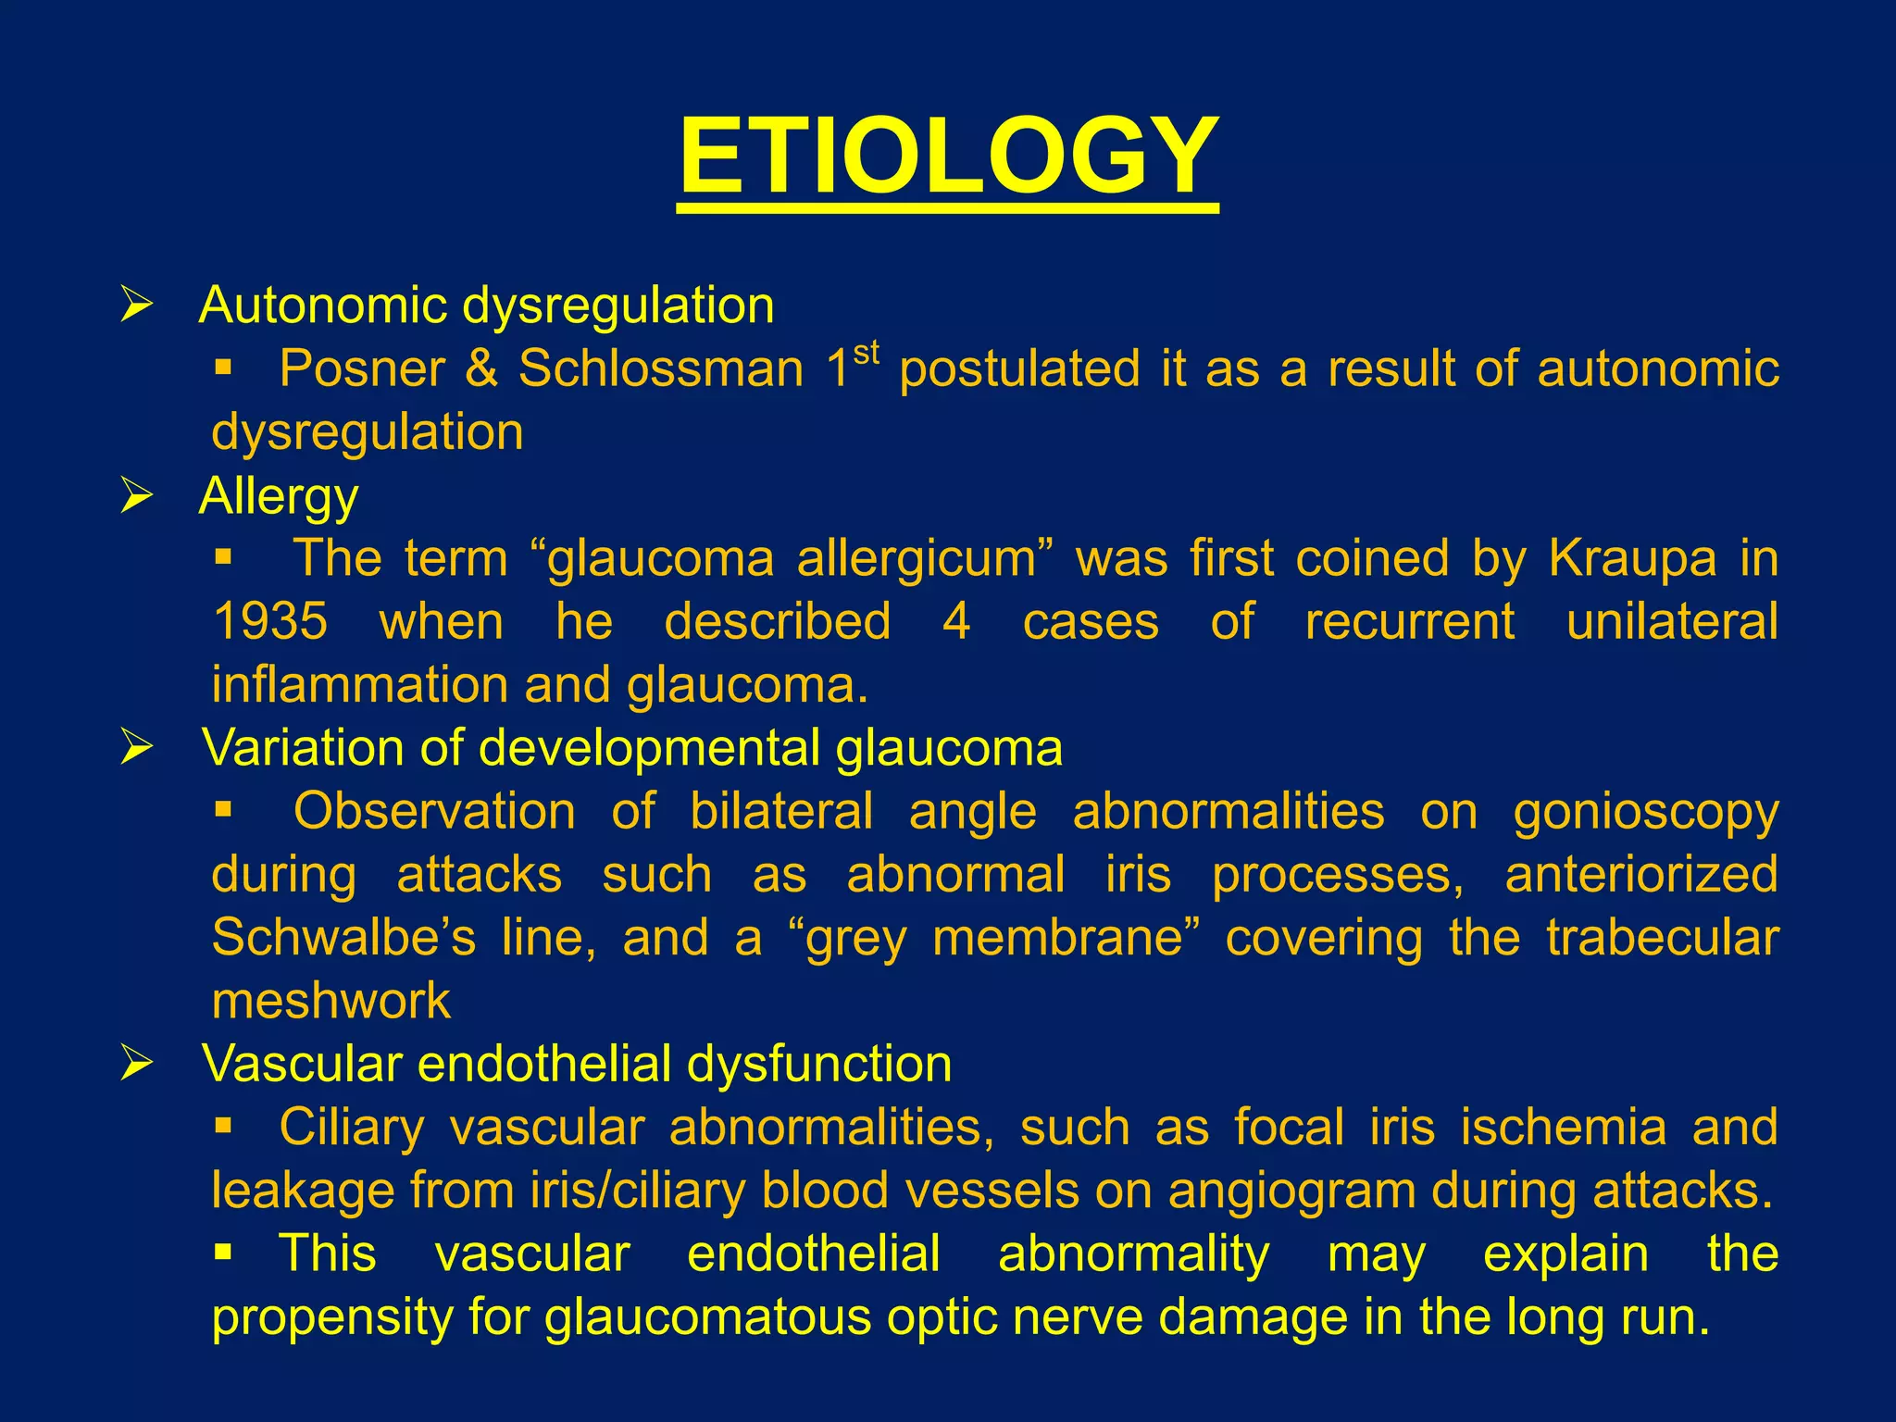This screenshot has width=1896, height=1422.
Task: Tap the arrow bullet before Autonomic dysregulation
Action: coord(136,305)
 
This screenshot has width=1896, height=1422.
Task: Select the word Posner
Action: coord(362,368)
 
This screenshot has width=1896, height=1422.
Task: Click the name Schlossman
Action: coord(661,368)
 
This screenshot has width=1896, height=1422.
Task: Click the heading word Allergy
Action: coord(278,496)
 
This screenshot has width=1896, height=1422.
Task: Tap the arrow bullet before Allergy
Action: coord(136,496)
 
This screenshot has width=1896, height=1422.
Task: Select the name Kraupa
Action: coord(1632,558)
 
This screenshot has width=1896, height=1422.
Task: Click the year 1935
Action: coord(269,621)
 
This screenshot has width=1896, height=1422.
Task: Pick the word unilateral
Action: coord(1672,621)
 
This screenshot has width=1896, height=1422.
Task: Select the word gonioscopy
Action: coord(1645,812)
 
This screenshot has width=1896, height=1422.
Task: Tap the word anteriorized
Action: coord(1640,875)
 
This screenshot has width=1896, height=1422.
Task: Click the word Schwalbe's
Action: coord(343,938)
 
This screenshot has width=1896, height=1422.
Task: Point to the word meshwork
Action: coord(331,1001)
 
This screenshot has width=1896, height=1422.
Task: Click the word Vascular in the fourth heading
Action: coord(302,1064)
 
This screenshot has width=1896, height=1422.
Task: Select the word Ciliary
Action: coord(352,1128)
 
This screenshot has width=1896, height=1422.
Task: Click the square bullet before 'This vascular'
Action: coord(222,1254)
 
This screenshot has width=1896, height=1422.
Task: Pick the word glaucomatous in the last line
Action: coord(707,1317)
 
